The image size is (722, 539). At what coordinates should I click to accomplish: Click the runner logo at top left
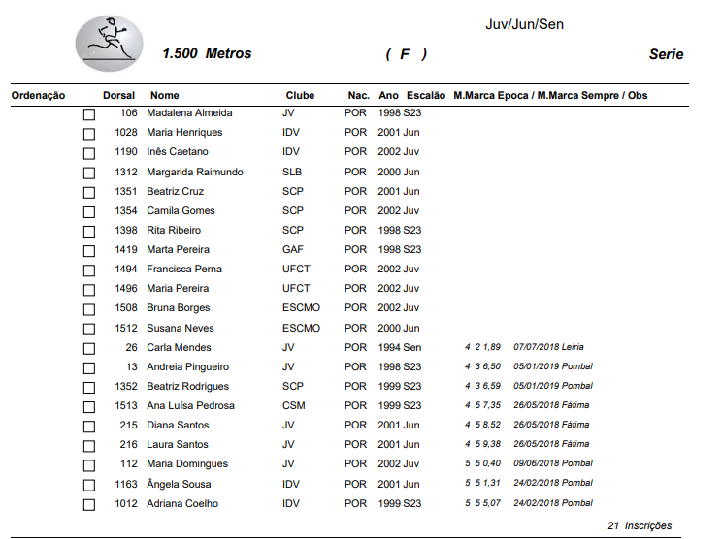tap(109, 43)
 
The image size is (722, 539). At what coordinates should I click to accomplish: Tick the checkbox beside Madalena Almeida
tap(89, 114)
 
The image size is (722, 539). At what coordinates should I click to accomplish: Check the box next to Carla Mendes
tap(89, 348)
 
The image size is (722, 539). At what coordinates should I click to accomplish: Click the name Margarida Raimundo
tap(194, 172)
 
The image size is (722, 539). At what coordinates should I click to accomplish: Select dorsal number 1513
tap(125, 405)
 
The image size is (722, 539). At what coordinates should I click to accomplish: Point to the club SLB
tap(291, 172)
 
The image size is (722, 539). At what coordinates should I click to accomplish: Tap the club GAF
tap(292, 249)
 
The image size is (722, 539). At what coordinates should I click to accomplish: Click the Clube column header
tap(300, 96)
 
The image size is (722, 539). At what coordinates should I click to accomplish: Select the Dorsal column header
tap(118, 96)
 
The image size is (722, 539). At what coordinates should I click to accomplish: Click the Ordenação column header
tap(38, 96)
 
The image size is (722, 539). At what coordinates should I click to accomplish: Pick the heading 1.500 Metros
tap(207, 54)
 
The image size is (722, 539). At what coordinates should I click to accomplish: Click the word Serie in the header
tap(666, 54)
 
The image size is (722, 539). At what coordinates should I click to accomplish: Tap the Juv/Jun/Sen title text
tap(524, 24)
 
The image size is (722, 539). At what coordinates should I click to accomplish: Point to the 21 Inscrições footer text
tap(639, 525)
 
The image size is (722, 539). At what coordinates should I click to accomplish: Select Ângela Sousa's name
tap(179, 484)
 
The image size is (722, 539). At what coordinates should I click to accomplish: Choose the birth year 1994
tap(388, 347)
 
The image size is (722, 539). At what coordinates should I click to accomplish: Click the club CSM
tap(293, 405)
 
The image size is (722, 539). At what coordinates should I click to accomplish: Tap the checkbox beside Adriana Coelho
tap(89, 504)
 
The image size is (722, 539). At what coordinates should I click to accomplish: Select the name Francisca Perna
tap(184, 269)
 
